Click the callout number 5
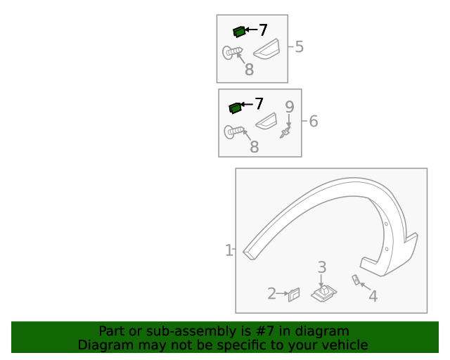pyautogui.click(x=299, y=46)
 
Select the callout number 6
pyautogui.click(x=314, y=121)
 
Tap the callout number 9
pyautogui.click(x=290, y=107)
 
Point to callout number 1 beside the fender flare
pyautogui.click(x=229, y=250)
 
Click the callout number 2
pyautogui.click(x=271, y=293)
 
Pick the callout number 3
pyautogui.click(x=322, y=267)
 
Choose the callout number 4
pyautogui.click(x=373, y=296)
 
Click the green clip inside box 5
pyautogui.click(x=239, y=32)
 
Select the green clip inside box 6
pyautogui.click(x=235, y=108)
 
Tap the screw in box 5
pyautogui.click(x=232, y=53)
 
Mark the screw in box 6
pyautogui.click(x=233, y=131)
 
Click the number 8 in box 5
pyautogui.click(x=249, y=70)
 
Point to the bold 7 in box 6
pyautogui.click(x=259, y=103)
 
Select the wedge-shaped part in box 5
pyautogui.click(x=266, y=49)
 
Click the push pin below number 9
pyautogui.click(x=285, y=132)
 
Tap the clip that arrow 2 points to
pyautogui.click(x=294, y=295)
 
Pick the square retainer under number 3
pyautogui.click(x=323, y=293)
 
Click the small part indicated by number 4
pyautogui.click(x=356, y=280)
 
